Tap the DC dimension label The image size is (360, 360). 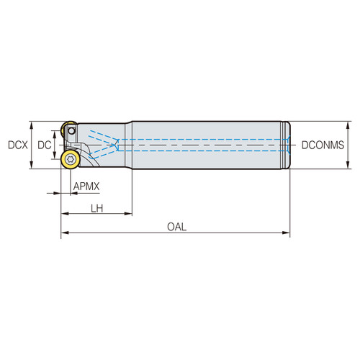45,145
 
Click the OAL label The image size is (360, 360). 176,227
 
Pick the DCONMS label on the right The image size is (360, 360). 322,145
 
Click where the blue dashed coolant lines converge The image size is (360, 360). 114,145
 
